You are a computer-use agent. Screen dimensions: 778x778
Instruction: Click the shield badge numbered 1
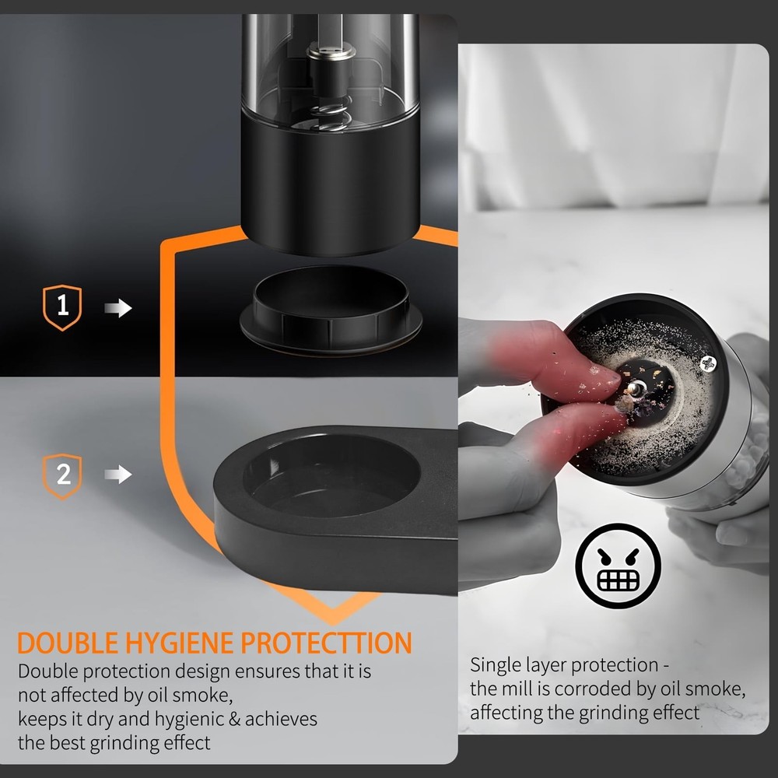pyautogui.click(x=63, y=308)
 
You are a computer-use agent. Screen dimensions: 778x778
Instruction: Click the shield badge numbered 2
pyautogui.click(x=63, y=474)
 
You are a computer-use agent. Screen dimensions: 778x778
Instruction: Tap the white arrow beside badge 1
pyautogui.click(x=118, y=309)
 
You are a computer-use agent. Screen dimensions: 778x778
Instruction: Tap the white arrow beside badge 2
pyautogui.click(x=118, y=475)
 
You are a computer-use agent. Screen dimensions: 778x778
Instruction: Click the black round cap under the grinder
pyautogui.click(x=331, y=311)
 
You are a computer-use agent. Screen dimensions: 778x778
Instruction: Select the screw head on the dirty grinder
pyautogui.click(x=708, y=362)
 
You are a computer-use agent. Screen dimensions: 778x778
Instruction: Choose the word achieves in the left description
pyautogui.click(x=279, y=718)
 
